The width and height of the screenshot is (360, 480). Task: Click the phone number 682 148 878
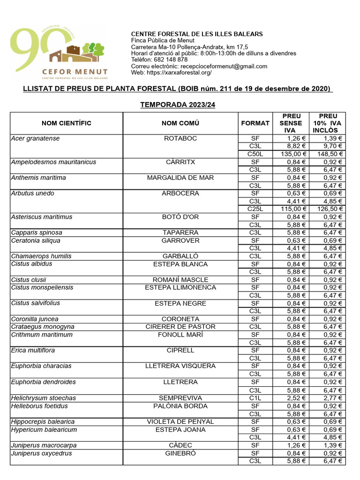point(170,60)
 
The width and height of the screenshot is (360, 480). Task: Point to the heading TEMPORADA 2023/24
point(178,105)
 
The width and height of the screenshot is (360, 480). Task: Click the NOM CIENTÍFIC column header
point(66,123)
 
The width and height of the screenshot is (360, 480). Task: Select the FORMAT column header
point(255,123)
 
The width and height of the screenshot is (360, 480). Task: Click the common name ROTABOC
point(180,139)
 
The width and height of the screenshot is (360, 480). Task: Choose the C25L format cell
point(255,209)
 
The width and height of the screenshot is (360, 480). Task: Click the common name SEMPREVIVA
point(180,398)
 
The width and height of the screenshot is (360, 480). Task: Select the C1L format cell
point(255,398)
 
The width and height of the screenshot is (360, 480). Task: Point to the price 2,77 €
point(332,398)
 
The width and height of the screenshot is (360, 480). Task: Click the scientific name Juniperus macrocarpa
point(44,445)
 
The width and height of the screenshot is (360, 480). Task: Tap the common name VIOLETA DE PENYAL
point(180,422)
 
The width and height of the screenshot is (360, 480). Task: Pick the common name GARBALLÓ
point(180,256)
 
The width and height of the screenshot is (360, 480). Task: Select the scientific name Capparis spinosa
point(36,233)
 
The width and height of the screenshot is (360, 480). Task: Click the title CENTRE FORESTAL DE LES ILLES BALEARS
point(197,34)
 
